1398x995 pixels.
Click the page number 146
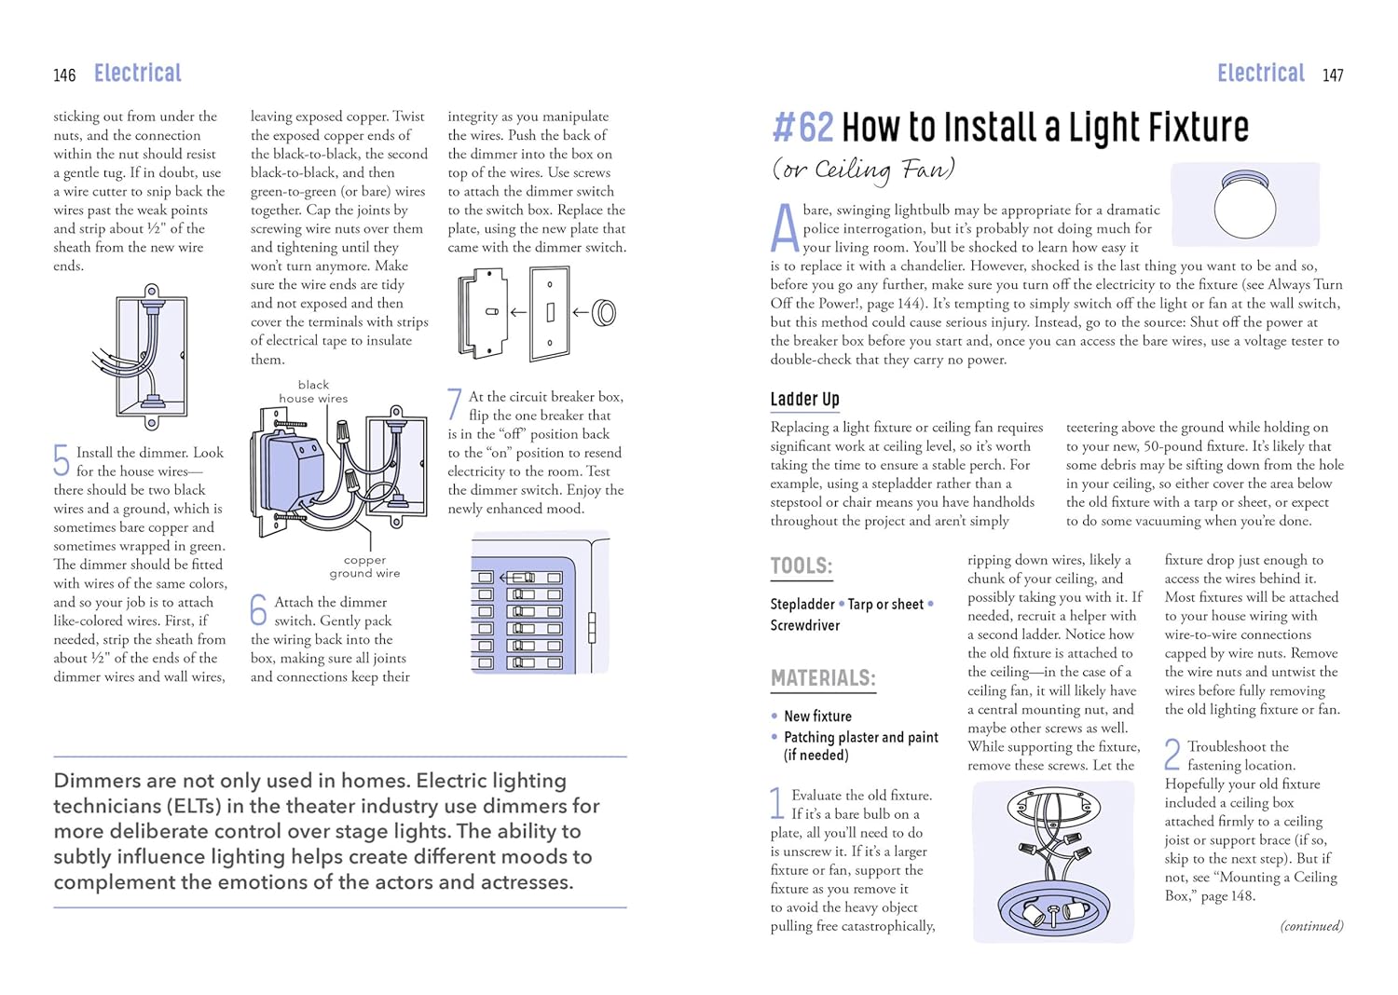click(x=64, y=75)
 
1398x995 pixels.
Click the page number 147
click(x=1333, y=75)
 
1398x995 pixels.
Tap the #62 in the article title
click(x=802, y=128)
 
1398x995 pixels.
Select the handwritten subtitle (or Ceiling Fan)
click(x=863, y=170)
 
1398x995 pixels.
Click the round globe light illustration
click(x=1245, y=206)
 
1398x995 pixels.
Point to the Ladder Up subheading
click(x=804, y=400)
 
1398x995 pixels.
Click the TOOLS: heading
click(x=801, y=566)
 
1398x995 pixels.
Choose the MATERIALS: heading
click(x=823, y=678)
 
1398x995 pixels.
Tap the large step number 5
click(x=62, y=459)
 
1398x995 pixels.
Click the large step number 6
click(x=258, y=609)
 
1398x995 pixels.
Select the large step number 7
click(x=454, y=404)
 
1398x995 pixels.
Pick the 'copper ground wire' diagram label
click(x=364, y=566)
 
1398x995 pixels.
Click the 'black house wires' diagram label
click(x=313, y=391)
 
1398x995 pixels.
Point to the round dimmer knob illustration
click(x=604, y=313)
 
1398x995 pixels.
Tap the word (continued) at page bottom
click(x=1311, y=926)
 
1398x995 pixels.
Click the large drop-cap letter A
click(x=785, y=229)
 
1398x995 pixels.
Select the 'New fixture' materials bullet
click(x=817, y=716)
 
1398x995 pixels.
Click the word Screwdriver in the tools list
click(x=804, y=625)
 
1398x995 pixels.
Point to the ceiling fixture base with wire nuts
click(x=1053, y=862)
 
